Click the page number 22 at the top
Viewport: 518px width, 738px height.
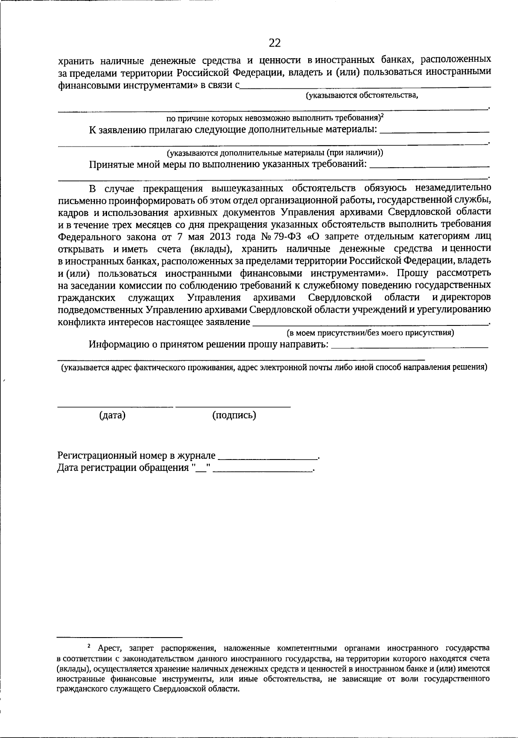pyautogui.click(x=275, y=43)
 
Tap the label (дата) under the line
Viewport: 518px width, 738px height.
pyautogui.click(x=112, y=416)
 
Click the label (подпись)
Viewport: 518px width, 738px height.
pyautogui.click(x=234, y=416)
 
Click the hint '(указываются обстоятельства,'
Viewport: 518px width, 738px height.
pyautogui.click(x=362, y=96)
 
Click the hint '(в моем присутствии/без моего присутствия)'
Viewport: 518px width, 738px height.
pyautogui.click(x=370, y=333)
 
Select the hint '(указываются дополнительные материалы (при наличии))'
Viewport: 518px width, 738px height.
pyautogui.click(x=275, y=153)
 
